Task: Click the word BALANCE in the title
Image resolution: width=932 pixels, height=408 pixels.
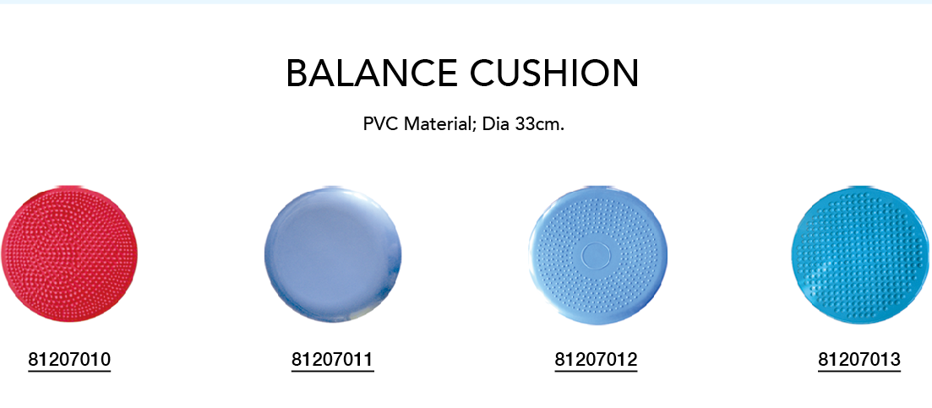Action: (372, 73)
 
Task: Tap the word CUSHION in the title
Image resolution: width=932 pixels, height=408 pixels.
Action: (554, 73)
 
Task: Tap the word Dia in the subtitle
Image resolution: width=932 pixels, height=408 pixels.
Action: (494, 125)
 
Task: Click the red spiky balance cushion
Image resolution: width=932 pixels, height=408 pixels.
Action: (69, 254)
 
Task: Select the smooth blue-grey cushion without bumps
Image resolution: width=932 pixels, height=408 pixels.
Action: (333, 254)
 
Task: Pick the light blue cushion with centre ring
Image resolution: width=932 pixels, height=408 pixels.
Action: (598, 255)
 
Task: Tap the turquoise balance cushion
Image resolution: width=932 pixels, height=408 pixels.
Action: (861, 255)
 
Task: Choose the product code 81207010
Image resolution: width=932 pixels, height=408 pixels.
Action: (69, 359)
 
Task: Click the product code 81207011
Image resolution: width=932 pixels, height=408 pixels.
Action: (332, 359)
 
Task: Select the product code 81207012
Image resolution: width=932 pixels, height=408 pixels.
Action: (596, 359)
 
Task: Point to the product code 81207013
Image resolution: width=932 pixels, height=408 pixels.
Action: (859, 359)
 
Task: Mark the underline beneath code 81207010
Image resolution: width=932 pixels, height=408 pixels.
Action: (69, 371)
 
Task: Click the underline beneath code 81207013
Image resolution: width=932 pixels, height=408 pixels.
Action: (859, 371)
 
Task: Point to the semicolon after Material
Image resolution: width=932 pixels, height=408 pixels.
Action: (474, 126)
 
